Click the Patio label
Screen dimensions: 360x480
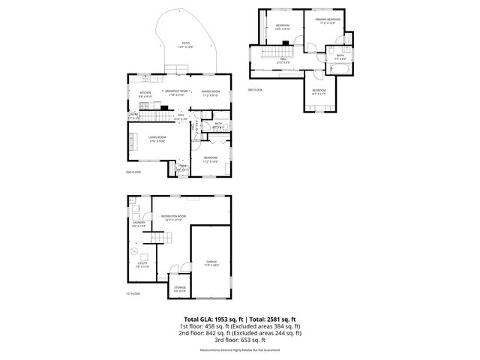click(x=186, y=44)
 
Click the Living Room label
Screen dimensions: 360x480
click(x=157, y=138)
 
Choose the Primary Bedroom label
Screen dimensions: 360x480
click(x=328, y=19)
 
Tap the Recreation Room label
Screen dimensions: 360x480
click(x=173, y=217)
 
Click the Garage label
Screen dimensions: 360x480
click(x=211, y=262)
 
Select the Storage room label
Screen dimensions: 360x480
click(x=180, y=287)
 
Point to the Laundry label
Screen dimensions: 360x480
click(x=139, y=223)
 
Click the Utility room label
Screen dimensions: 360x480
click(x=142, y=264)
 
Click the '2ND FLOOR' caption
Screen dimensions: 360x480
click(x=133, y=172)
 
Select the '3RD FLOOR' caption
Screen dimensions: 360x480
click(x=255, y=89)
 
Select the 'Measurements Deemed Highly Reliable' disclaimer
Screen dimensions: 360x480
click(x=239, y=350)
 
